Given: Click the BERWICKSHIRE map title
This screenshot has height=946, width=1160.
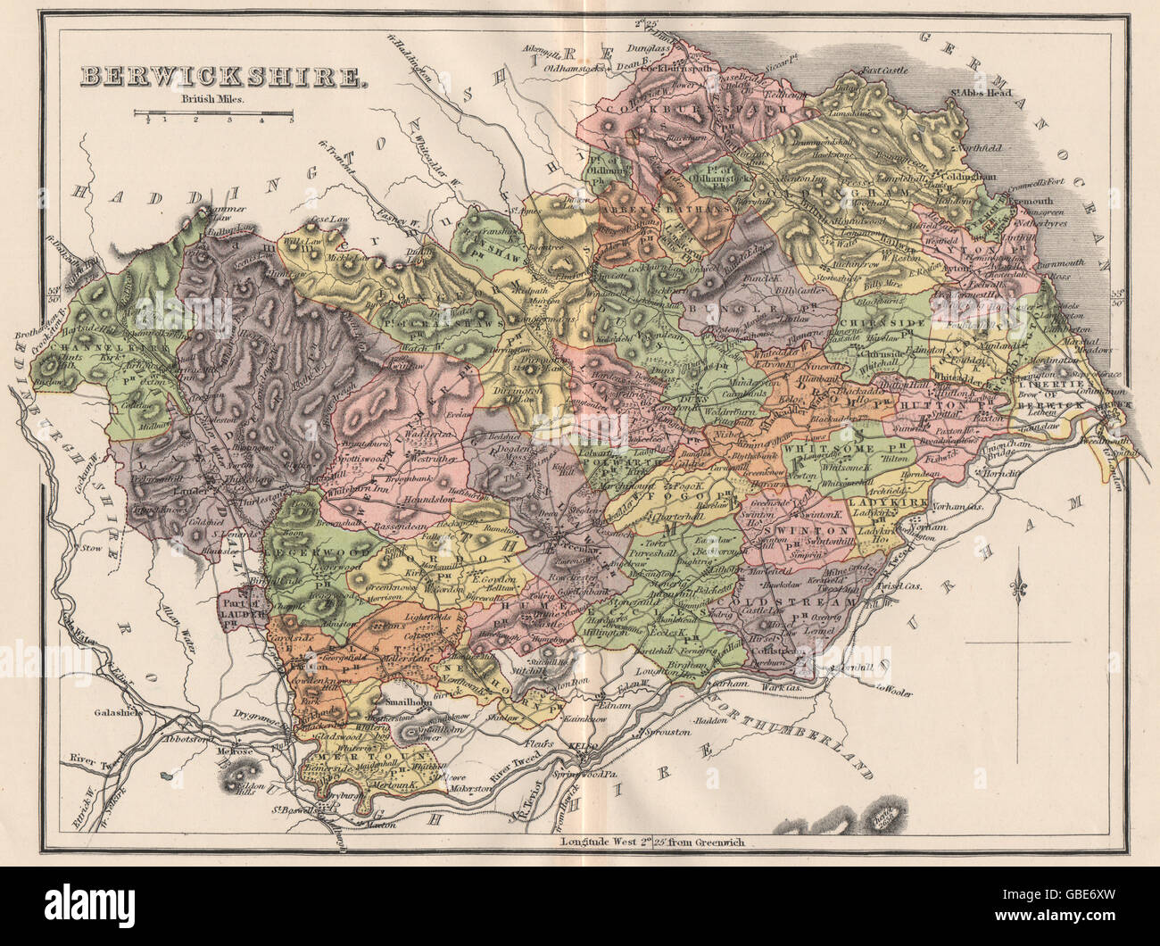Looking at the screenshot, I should (223, 77).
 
